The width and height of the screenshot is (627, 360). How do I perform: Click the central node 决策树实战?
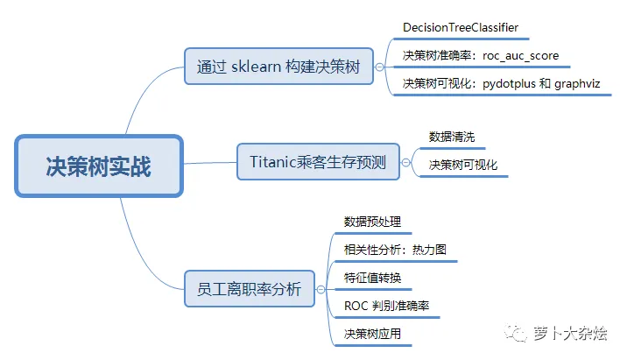(98, 166)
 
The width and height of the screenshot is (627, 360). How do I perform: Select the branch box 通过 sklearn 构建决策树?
(278, 66)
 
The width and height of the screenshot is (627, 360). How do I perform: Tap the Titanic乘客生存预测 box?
(318, 161)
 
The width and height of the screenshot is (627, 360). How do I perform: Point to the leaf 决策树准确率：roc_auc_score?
(480, 56)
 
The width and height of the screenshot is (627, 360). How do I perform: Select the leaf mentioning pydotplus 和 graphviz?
(506, 83)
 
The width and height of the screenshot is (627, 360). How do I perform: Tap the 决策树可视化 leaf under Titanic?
(463, 164)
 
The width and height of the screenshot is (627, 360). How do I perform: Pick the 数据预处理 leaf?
(373, 221)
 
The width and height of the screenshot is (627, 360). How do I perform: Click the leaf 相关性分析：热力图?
(395, 249)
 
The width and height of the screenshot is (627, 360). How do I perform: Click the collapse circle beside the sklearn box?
(379, 66)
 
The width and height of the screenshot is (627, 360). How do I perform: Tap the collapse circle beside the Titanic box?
(405, 161)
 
